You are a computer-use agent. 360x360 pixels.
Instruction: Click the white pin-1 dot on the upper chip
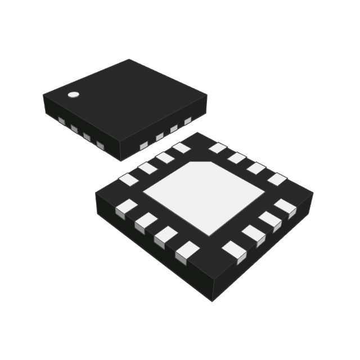pos(73,94)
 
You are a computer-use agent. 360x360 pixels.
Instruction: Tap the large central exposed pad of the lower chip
pos(204,197)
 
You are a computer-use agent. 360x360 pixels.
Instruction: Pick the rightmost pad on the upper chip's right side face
pos(188,120)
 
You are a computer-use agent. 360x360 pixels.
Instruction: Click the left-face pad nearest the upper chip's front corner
pos(100,146)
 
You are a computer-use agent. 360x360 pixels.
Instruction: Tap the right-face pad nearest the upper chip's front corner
pos(143,146)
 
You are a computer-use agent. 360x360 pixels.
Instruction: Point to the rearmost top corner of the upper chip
pos(129,59)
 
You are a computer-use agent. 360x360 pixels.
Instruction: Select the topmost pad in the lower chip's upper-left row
pos(181,147)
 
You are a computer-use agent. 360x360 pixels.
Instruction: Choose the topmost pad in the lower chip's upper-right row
pos(218,148)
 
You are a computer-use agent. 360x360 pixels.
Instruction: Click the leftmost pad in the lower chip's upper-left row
pos(128,179)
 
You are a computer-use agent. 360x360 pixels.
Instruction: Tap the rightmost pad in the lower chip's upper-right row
pos(277,179)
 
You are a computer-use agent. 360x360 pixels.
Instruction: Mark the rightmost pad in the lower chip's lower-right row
pos(285,208)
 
